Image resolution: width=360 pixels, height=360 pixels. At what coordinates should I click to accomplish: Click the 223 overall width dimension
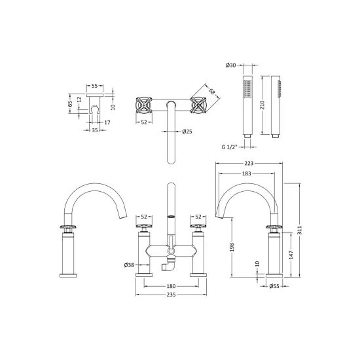(x=249, y=163)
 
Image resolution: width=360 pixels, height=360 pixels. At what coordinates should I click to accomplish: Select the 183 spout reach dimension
(x=247, y=173)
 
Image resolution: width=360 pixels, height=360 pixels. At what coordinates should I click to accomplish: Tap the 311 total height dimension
(x=300, y=230)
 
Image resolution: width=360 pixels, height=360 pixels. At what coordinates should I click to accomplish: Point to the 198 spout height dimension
(x=232, y=247)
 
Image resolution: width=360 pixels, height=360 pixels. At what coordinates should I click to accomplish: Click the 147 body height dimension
(x=291, y=255)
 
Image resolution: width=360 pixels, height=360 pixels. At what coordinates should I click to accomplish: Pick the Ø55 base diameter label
(x=274, y=286)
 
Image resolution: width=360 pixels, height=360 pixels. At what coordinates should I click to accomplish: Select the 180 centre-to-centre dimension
(x=171, y=286)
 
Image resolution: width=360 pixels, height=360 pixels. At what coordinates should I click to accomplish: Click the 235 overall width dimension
(x=171, y=295)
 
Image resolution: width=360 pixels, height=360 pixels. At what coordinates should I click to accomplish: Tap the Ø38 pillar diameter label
(x=129, y=265)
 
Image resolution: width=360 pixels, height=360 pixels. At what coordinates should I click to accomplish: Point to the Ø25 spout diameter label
(x=187, y=132)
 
